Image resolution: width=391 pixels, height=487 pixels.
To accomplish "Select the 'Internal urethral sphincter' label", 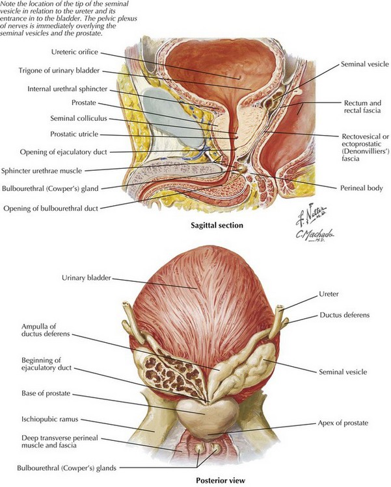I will (x=63, y=88).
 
